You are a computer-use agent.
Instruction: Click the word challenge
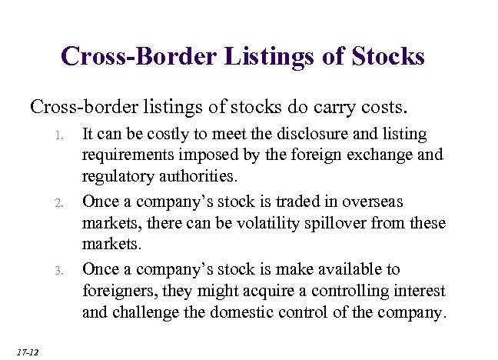click(148, 314)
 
